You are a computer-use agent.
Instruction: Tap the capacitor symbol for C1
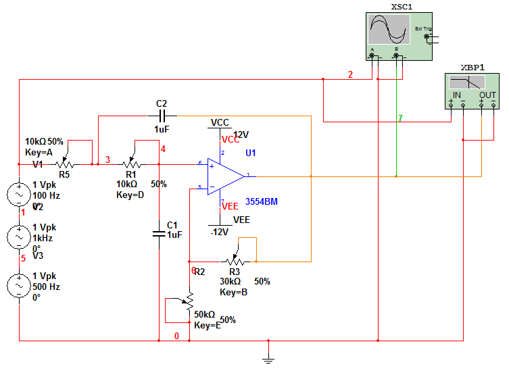coord(158,234)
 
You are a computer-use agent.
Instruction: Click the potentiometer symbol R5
coord(66,164)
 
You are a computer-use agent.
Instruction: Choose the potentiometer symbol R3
coord(235,261)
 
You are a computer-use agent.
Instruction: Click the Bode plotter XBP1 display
coord(472,82)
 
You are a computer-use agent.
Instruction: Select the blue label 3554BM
coord(262,201)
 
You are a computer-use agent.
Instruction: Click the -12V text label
coord(221,232)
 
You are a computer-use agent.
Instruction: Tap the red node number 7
coord(400,118)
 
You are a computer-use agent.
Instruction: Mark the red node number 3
coord(107,159)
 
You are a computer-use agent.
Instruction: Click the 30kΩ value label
coord(231,281)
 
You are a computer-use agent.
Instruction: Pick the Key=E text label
coord(208,326)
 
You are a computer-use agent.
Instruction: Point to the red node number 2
coord(350,74)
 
